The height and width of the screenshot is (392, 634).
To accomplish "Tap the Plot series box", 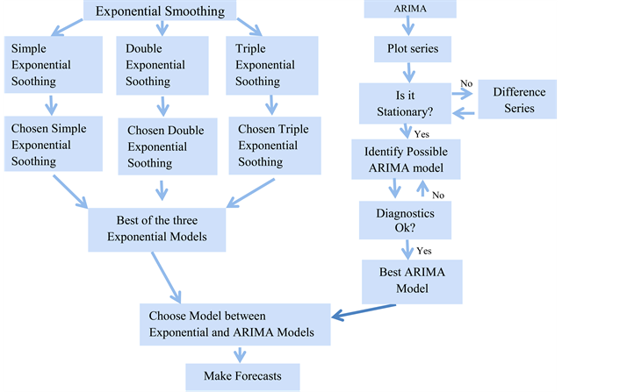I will [x=412, y=48].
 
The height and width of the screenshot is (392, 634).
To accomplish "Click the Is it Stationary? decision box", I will [x=405, y=103].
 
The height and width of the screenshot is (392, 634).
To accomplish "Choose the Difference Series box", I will [x=519, y=101].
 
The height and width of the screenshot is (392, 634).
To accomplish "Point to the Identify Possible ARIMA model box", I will [x=407, y=160].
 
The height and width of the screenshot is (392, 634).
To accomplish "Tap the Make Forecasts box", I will [x=242, y=377].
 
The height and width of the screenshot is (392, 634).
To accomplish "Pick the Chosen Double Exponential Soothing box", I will [x=165, y=146].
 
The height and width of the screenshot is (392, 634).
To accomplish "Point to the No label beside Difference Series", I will [x=465, y=83].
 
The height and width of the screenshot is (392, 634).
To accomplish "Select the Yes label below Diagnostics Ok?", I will [x=424, y=250].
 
